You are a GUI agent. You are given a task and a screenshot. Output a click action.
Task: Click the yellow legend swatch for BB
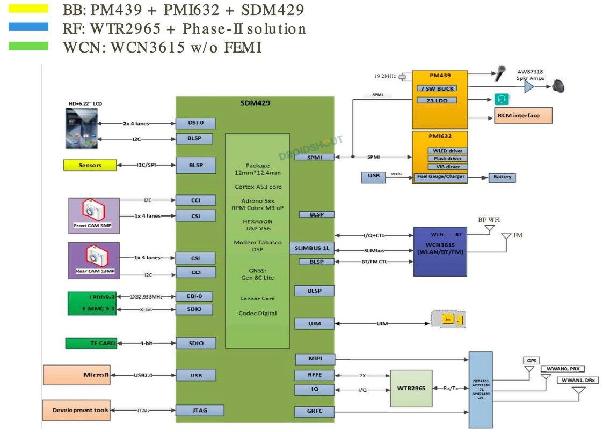[x=28, y=9]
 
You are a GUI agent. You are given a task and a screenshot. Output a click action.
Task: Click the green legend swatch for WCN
[x=28, y=46]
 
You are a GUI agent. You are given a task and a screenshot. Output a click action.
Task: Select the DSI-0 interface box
[x=195, y=123]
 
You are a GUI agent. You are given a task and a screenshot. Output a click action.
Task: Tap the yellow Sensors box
[x=90, y=165]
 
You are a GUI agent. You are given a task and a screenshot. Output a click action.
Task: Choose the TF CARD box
[x=90, y=343]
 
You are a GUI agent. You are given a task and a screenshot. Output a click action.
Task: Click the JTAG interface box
[x=199, y=411]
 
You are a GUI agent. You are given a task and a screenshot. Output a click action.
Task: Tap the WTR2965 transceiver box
[x=411, y=388]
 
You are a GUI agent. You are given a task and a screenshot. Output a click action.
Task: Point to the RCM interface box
[x=518, y=115]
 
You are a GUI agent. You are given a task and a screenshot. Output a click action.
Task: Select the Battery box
[x=502, y=177]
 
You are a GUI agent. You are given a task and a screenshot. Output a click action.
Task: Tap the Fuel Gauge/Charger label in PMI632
[x=440, y=176]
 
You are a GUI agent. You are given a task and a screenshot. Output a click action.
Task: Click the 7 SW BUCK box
[x=437, y=88]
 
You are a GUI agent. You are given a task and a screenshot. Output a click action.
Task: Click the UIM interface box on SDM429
[x=314, y=324]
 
